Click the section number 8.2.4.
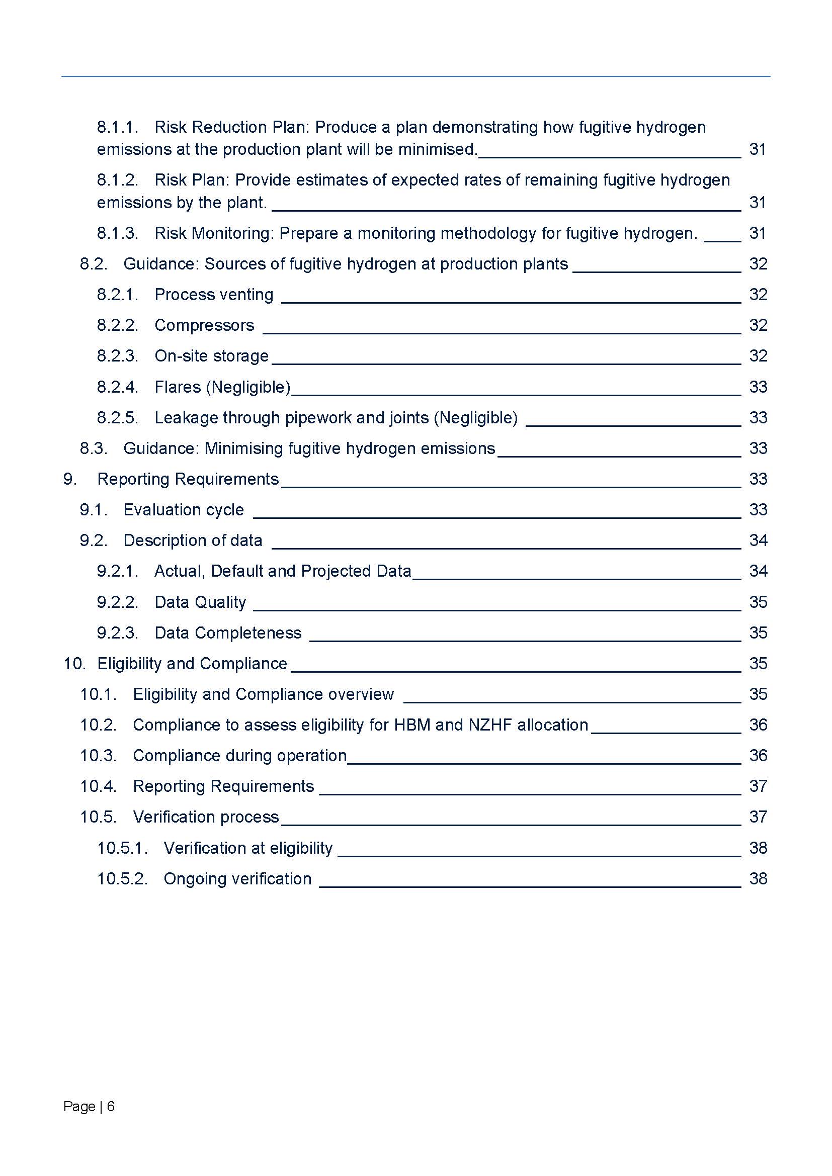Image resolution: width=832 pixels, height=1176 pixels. (x=117, y=387)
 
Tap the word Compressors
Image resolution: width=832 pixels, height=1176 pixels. (x=204, y=326)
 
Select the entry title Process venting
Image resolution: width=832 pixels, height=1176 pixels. (x=214, y=295)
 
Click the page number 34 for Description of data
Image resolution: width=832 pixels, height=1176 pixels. (x=758, y=541)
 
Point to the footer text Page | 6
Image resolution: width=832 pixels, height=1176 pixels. (x=89, y=1106)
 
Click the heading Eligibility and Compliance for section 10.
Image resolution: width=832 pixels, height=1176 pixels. (x=192, y=664)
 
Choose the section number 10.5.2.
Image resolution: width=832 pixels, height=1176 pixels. (x=122, y=879)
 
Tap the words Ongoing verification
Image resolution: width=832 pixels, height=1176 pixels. (x=237, y=879)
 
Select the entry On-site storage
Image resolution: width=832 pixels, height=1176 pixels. (x=211, y=356)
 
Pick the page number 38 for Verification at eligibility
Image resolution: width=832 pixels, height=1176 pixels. (x=758, y=848)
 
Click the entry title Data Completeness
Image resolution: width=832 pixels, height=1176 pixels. (x=227, y=633)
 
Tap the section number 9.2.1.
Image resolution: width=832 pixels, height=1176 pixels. (x=117, y=572)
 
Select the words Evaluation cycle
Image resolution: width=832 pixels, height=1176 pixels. (x=184, y=510)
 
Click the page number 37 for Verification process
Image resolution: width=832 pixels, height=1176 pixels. (x=758, y=817)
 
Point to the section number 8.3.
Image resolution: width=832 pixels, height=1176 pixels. (x=93, y=448)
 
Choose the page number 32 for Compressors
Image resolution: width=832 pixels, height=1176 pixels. (x=758, y=326)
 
